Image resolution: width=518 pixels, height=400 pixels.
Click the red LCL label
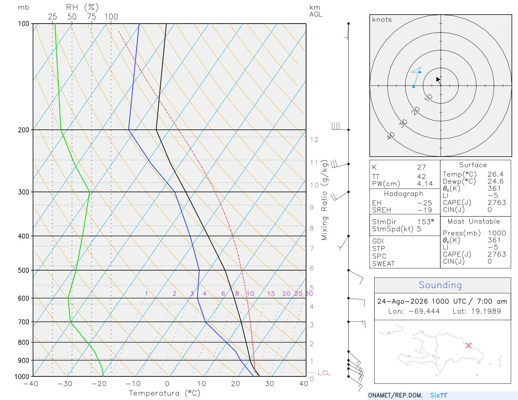324,373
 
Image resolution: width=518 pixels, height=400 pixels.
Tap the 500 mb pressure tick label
24,271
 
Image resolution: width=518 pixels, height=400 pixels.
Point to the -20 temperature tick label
99,384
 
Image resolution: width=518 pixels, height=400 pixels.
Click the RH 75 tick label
91,17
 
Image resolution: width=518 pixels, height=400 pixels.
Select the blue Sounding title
440,285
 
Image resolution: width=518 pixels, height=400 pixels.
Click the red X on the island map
468,345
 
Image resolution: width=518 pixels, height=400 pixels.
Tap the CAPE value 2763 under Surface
497,203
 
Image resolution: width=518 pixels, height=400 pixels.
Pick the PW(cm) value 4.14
425,184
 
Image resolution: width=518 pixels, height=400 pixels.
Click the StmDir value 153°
425,222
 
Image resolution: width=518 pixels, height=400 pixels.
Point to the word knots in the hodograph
382,19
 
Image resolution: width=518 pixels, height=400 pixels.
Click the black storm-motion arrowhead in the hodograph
438,79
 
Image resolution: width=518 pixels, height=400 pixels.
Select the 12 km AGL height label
314,139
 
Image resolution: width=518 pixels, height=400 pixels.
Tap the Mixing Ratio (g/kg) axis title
324,200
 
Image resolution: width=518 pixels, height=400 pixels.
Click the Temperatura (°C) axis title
164,393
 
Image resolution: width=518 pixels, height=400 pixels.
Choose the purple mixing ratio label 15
271,294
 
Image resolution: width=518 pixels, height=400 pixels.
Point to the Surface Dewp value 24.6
496,181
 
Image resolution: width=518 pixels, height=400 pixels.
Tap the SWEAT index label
384,264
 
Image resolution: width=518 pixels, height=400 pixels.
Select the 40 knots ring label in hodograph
391,136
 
